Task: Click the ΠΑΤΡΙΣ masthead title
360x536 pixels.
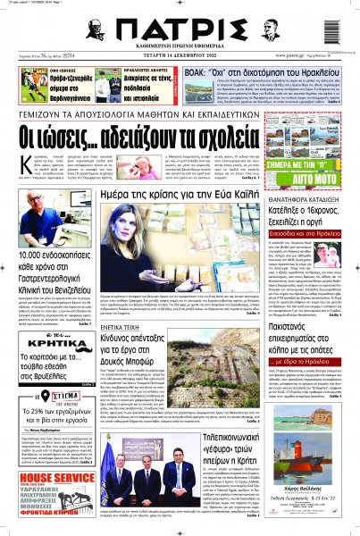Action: click(178, 29)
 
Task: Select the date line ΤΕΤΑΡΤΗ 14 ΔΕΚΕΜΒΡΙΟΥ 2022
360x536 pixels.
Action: click(178, 60)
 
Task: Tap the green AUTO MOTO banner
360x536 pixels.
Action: click(320, 166)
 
